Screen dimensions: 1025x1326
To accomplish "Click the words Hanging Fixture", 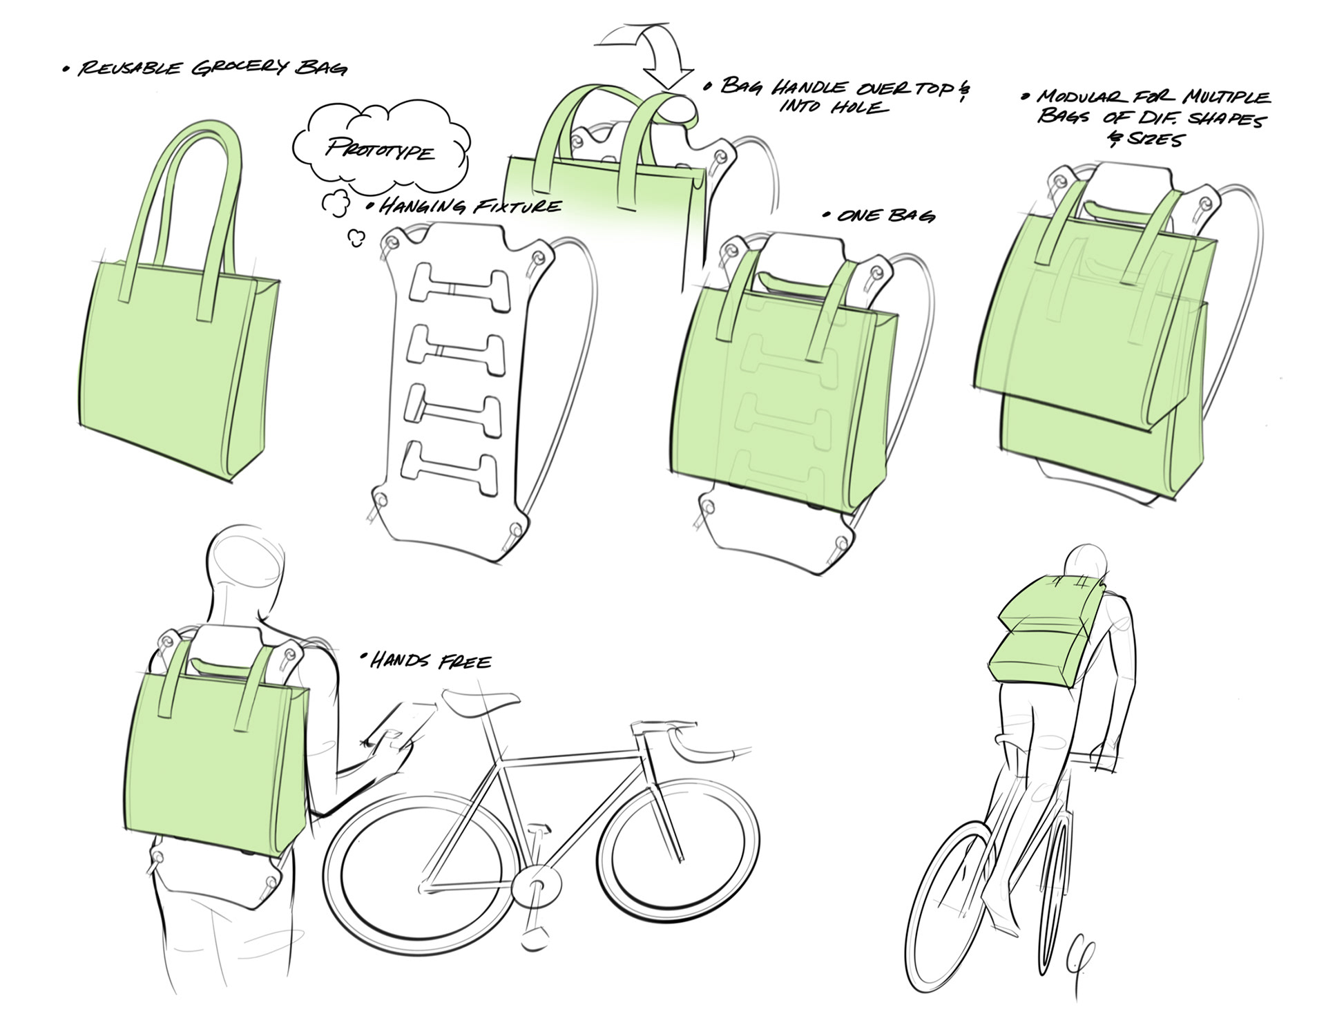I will click(x=470, y=206).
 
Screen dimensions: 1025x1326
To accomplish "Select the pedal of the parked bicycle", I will click(x=532, y=942).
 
